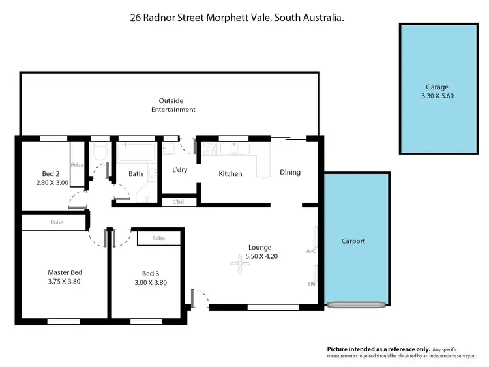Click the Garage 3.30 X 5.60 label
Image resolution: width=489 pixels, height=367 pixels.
pos(437,91)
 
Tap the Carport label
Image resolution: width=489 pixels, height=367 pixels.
pos(353,241)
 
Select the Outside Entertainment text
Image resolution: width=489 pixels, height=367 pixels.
pos(173,106)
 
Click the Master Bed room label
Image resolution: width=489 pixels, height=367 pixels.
pos(65,277)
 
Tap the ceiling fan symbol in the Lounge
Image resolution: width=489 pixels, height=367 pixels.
pos(235,263)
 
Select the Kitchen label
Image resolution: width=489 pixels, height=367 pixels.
pos(230,174)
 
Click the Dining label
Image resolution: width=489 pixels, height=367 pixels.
pos(290,173)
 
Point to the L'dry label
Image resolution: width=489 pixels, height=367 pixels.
pos(180,170)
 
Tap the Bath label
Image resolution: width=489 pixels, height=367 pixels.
pos(136,174)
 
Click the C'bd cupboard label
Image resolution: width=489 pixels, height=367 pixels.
pos(178,203)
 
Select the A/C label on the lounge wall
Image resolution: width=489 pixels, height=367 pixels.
pos(310,251)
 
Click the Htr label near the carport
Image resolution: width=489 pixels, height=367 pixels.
pos(311,284)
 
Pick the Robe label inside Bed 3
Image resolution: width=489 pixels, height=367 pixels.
pos(158,239)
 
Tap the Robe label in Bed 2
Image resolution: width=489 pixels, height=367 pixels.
pos(77,165)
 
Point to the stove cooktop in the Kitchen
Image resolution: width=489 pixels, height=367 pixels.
pos(210,150)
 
